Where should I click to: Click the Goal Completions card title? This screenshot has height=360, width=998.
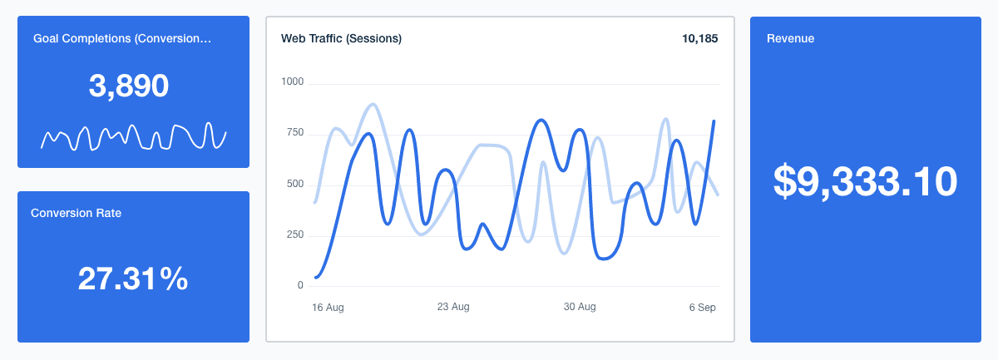121,38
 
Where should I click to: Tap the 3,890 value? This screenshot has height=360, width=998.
129,86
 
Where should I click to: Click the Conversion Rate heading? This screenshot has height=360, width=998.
76,213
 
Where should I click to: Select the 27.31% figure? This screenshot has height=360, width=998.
133,279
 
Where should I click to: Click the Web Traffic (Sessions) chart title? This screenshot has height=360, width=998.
341,38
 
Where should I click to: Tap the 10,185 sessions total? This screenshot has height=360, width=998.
699,38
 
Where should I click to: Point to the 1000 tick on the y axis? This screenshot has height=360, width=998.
294,82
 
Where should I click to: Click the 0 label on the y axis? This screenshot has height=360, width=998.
300,285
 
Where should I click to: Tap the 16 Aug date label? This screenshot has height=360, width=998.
328,307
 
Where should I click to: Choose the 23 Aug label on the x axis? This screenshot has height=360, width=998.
453,306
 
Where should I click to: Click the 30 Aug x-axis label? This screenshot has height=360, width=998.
580,306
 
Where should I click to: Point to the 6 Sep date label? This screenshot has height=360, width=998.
701,307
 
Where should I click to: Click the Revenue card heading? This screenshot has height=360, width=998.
790,38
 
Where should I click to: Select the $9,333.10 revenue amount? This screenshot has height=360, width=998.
865,181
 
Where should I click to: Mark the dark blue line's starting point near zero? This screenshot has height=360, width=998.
316,277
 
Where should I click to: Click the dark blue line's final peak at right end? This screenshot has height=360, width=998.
714,121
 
